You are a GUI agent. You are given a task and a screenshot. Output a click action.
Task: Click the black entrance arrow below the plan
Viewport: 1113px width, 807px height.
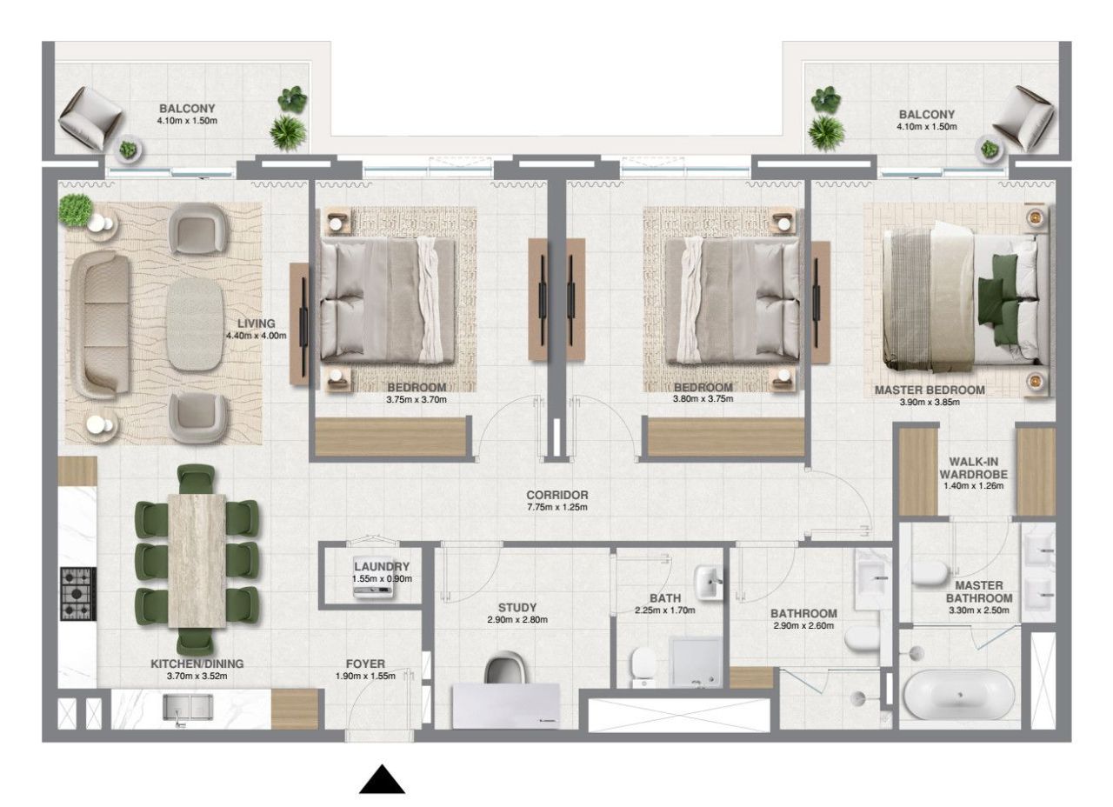point(383,780)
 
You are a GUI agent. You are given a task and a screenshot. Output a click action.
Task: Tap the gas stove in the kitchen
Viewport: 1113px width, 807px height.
point(77,593)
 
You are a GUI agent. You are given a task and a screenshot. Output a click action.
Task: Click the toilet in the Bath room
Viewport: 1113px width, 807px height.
point(644,666)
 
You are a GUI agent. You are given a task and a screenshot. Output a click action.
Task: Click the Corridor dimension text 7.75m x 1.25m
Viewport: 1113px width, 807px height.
point(557,507)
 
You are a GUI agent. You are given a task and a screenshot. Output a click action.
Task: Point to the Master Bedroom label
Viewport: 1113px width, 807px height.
point(930,390)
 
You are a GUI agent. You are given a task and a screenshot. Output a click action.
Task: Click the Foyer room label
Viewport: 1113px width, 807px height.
point(364,663)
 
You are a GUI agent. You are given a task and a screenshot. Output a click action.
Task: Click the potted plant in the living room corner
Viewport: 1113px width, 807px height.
point(77,210)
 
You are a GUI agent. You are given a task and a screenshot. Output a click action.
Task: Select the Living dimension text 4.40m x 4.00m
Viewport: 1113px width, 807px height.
point(256,335)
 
